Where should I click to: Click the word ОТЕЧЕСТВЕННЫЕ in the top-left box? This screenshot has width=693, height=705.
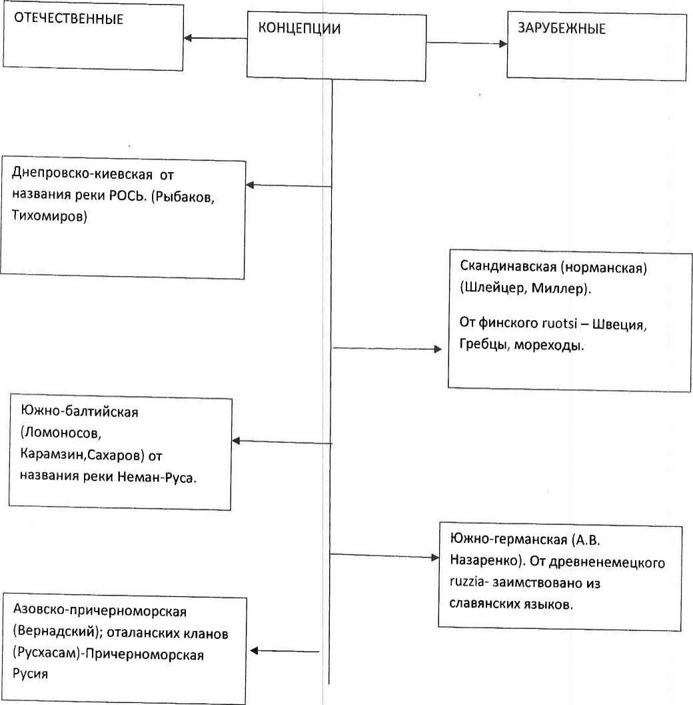[x=69, y=19]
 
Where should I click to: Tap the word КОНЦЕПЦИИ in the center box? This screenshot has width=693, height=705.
[x=299, y=28]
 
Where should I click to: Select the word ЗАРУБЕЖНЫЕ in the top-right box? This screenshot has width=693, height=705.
[x=562, y=28]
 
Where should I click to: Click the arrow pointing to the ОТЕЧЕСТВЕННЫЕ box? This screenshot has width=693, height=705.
[x=215, y=38]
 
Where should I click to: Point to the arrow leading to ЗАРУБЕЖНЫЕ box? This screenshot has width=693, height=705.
[x=466, y=43]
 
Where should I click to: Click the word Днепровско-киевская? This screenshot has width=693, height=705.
[x=82, y=173]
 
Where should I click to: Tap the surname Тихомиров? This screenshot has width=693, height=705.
[x=49, y=216]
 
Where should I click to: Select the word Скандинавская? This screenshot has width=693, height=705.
[x=508, y=266]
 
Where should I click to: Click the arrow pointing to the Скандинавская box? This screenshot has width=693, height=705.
[x=387, y=348]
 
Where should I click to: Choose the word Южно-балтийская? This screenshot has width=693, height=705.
[x=79, y=412]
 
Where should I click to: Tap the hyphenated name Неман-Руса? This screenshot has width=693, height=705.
[x=157, y=477]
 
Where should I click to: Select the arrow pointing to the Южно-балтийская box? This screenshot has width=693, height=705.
[x=282, y=442]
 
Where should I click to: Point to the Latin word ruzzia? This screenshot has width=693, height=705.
[x=467, y=582]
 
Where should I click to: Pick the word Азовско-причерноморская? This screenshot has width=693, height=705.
[x=100, y=611]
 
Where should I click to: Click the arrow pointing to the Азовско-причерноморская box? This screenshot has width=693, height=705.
[x=285, y=650]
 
